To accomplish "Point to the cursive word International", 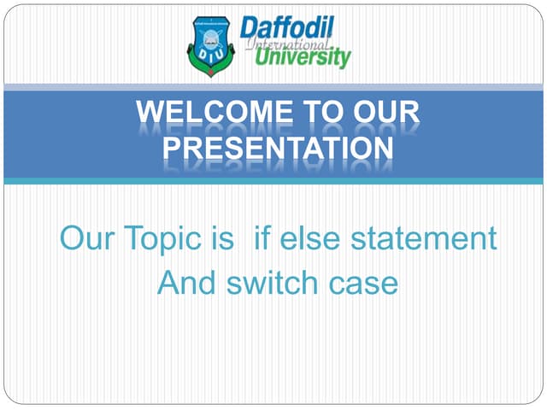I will click(286, 43).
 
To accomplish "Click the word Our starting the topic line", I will click(88, 238).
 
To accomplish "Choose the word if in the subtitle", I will click(263, 238).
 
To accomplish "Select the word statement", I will click(426, 238).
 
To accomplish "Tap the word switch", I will click(274, 282).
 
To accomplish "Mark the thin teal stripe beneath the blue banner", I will click(273, 181).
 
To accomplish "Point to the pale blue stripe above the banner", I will click(273, 87).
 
